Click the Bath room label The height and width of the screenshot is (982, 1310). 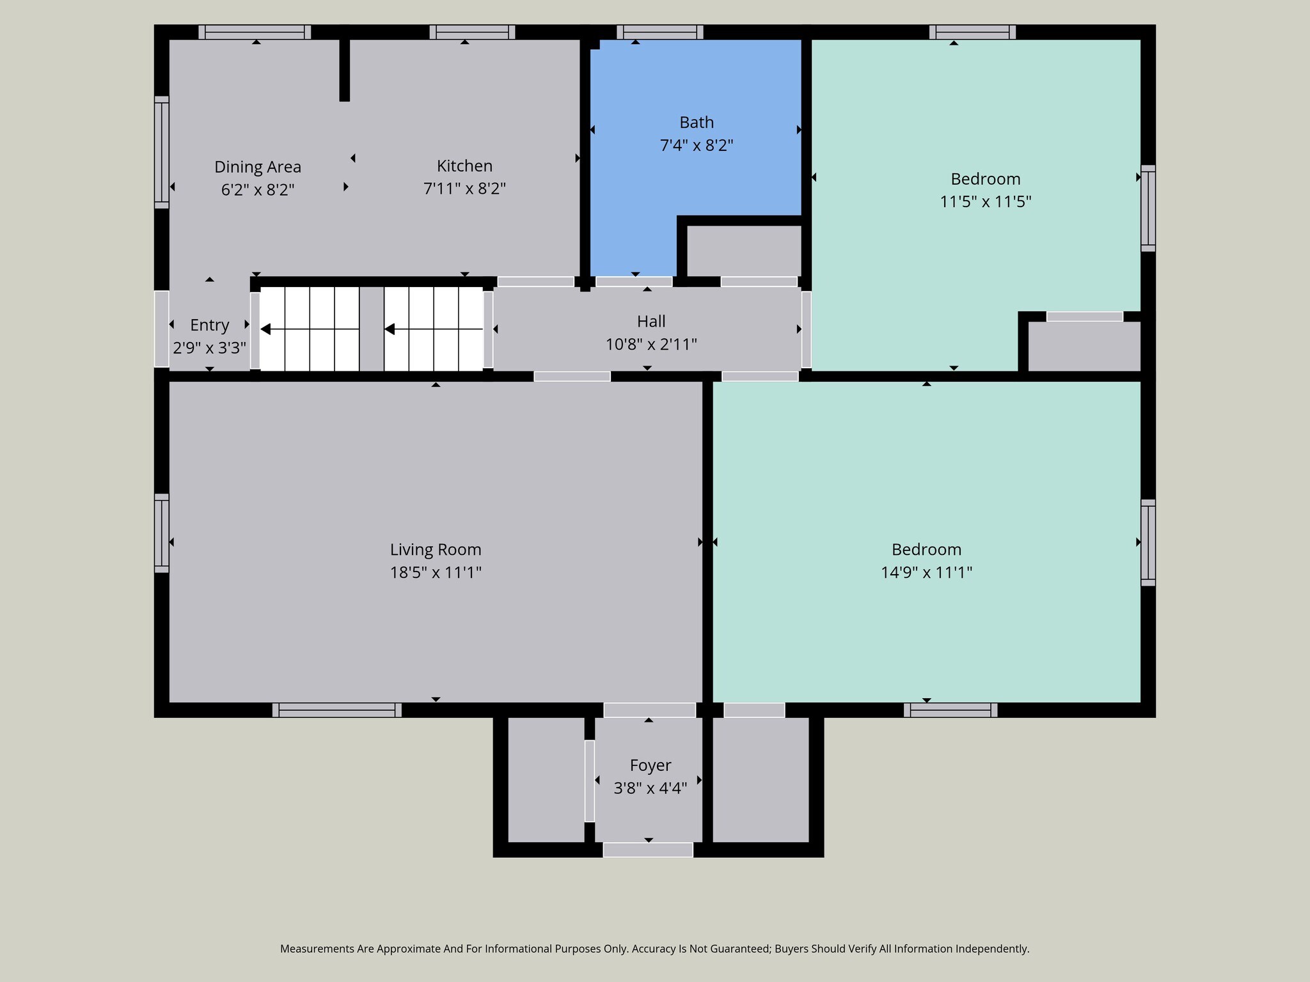coord(696,122)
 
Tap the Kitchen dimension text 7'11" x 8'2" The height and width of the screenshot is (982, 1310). coord(464,189)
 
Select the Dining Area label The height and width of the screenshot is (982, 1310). coord(257,167)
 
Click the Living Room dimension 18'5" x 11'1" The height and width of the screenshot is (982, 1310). coord(435,572)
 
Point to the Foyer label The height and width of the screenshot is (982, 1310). coord(650,765)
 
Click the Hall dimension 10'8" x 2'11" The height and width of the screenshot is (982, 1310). coord(651,345)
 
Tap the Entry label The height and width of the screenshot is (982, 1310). coord(209,325)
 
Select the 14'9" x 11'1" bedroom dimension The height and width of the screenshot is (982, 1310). coord(926,572)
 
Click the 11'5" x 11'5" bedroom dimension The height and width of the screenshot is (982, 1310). coord(985,202)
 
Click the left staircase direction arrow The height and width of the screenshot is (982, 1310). coord(265,329)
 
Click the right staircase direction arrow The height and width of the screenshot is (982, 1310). coord(389,329)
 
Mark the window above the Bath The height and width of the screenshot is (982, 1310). coord(659,32)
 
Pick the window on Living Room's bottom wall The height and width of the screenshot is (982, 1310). coord(336,710)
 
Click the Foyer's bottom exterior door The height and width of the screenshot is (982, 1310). coord(647,850)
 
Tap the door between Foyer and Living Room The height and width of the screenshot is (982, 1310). coord(649,710)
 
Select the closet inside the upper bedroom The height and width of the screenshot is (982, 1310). coord(1084,346)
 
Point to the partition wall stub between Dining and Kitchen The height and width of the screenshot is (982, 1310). coord(344,70)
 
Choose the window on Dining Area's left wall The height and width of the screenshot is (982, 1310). coord(161,152)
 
